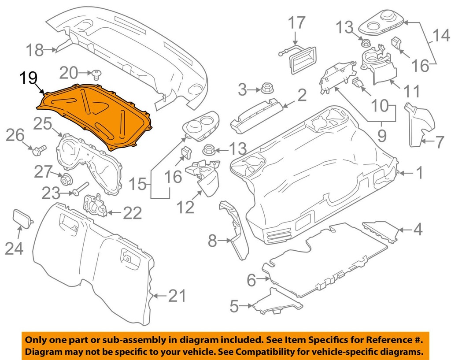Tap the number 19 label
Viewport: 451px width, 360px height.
pos(29,80)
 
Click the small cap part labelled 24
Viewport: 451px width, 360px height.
pos(23,218)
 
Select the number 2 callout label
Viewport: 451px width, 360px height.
pos(302,95)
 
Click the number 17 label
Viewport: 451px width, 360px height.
pos(297,23)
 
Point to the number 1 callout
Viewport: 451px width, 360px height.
pos(420,172)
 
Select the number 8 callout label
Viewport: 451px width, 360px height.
pos(212,241)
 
